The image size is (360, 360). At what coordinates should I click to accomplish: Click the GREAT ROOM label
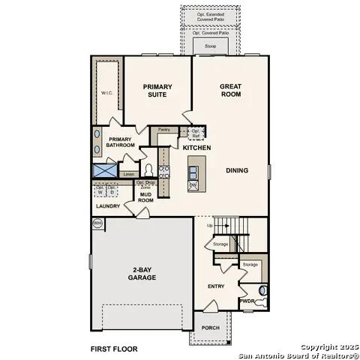pyautogui.click(x=230, y=91)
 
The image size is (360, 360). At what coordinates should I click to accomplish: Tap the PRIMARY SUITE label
pyautogui.click(x=157, y=91)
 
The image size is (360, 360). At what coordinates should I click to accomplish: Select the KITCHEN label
pyautogui.click(x=196, y=148)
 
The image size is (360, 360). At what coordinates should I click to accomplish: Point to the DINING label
pyautogui.click(x=238, y=170)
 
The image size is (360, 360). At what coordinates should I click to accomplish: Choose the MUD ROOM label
pyautogui.click(x=146, y=197)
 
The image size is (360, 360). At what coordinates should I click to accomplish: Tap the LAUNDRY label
pyautogui.click(x=108, y=206)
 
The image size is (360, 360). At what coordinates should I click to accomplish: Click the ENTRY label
pyautogui.click(x=216, y=286)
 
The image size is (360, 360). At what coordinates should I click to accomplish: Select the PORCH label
pyautogui.click(x=210, y=326)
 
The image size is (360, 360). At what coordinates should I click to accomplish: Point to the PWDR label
pyautogui.click(x=247, y=301)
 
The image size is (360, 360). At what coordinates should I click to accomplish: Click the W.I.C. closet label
pyautogui.click(x=107, y=93)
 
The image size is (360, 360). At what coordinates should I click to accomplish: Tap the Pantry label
pyautogui.click(x=163, y=130)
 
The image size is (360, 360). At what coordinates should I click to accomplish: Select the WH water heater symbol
pyautogui.click(x=97, y=223)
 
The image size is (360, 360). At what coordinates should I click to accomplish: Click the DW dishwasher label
pyautogui.click(x=193, y=184)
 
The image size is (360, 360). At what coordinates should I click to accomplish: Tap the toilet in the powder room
pyautogui.click(x=262, y=290)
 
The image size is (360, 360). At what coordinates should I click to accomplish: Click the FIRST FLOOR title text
pyautogui.click(x=114, y=349)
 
